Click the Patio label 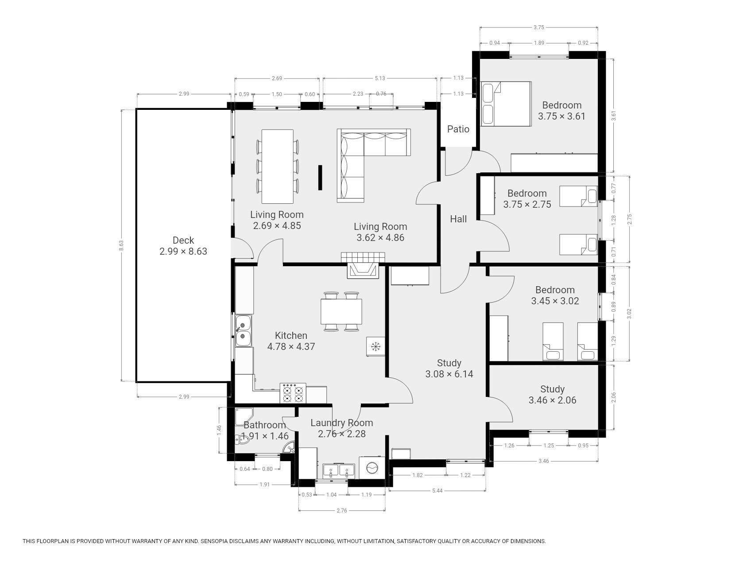point(458,129)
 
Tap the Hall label point(458,219)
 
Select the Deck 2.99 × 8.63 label point(183,246)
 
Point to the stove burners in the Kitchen point(293,393)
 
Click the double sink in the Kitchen point(243,330)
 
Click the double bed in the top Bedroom point(506,104)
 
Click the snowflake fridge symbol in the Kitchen point(376,346)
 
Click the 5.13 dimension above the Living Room point(380,78)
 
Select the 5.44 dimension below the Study point(437,490)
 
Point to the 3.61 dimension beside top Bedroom point(614,115)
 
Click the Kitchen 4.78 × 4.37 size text point(291,346)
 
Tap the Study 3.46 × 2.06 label point(552,395)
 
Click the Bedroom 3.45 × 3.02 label point(555,295)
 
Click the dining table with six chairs point(278,166)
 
